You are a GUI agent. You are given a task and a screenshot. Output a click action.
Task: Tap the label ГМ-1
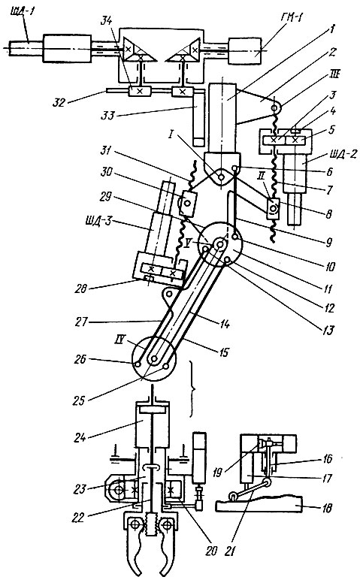(x=292, y=17)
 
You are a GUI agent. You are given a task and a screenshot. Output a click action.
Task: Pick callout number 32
(x=59, y=102)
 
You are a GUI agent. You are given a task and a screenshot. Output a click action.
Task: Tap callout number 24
(x=80, y=437)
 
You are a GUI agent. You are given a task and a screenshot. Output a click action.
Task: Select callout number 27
(x=81, y=322)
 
